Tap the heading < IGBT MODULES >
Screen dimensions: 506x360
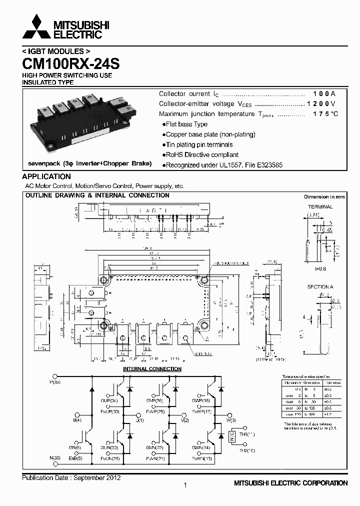(56, 51)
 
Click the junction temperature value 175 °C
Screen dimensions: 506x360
(325, 114)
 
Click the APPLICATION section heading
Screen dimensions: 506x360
(46, 176)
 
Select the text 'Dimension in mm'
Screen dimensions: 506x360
(324, 197)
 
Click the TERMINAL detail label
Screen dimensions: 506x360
(320, 206)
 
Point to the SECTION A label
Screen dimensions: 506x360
(320, 287)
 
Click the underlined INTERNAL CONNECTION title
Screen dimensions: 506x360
(152, 369)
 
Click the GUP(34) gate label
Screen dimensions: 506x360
(109, 400)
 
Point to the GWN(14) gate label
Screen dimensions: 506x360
(200, 448)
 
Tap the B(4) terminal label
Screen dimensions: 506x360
(77, 420)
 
